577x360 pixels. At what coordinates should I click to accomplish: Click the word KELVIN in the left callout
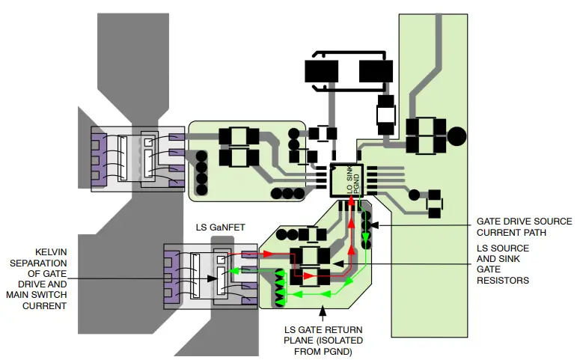[47, 252]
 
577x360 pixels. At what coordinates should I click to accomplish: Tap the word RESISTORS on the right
[503, 281]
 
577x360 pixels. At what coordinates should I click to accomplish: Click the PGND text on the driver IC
[357, 182]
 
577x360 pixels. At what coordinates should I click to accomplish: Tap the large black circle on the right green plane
[456, 137]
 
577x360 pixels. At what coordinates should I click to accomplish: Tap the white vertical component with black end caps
[385, 116]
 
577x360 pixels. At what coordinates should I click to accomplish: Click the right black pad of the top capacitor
[376, 71]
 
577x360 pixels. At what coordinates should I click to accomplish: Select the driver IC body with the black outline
[347, 180]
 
